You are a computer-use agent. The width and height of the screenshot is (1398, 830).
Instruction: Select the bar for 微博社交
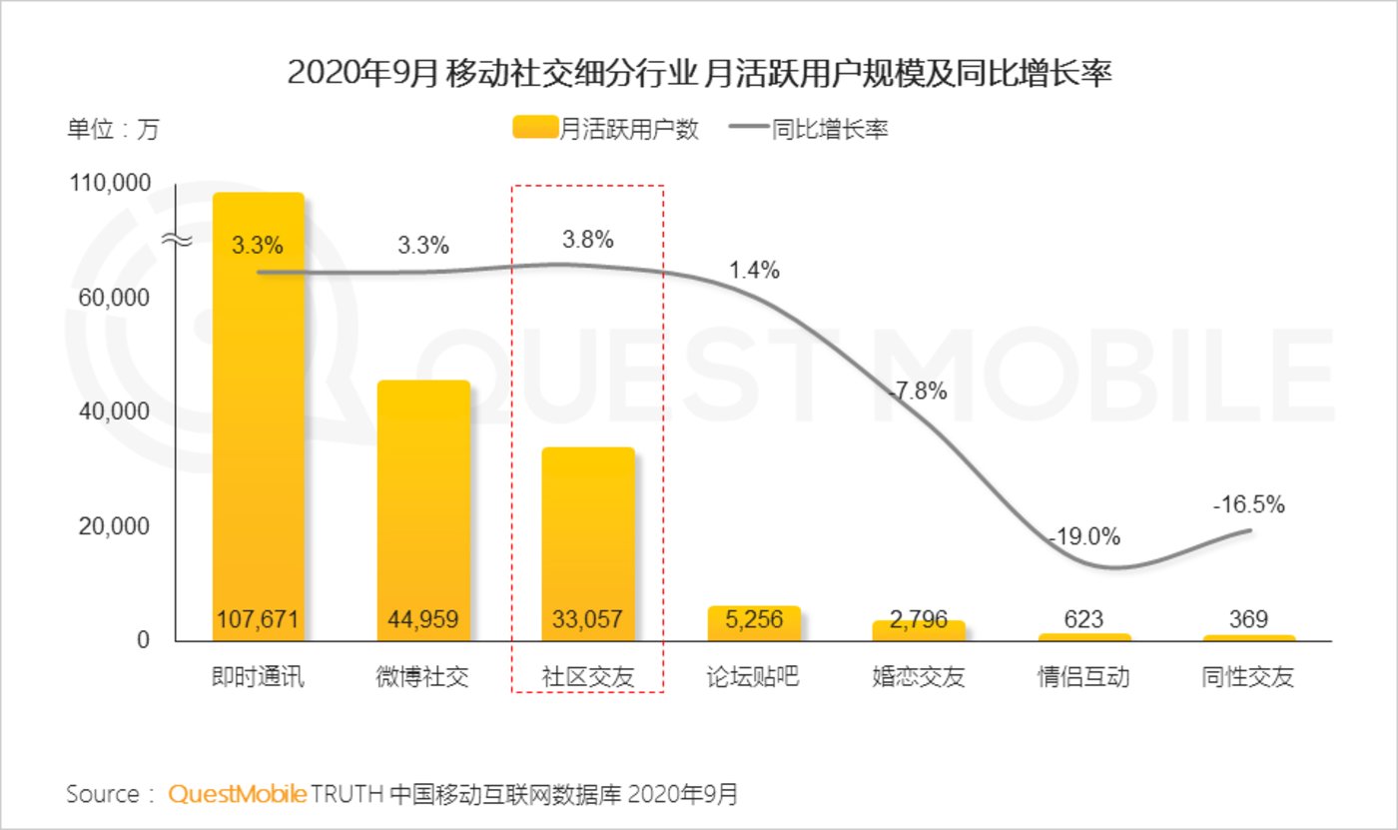(422, 509)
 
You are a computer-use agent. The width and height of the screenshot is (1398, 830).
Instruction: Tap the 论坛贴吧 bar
(753, 621)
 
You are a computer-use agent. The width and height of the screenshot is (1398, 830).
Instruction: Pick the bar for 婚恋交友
(918, 629)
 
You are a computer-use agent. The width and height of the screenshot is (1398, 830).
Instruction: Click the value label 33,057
(587, 619)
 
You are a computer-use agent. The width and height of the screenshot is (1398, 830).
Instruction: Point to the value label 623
(1083, 619)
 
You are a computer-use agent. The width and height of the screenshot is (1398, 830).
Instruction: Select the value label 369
(1248, 619)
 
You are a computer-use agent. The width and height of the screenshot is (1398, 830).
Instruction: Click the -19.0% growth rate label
(1084, 536)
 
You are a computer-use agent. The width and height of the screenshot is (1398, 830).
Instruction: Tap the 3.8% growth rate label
(588, 240)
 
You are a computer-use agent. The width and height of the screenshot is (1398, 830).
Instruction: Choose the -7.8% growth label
(917, 392)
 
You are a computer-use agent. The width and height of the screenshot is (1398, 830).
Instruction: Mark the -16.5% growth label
(1248, 504)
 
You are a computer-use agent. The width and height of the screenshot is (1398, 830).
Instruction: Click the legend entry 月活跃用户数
(605, 129)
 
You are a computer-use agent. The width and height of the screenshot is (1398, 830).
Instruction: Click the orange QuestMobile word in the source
(238, 795)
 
